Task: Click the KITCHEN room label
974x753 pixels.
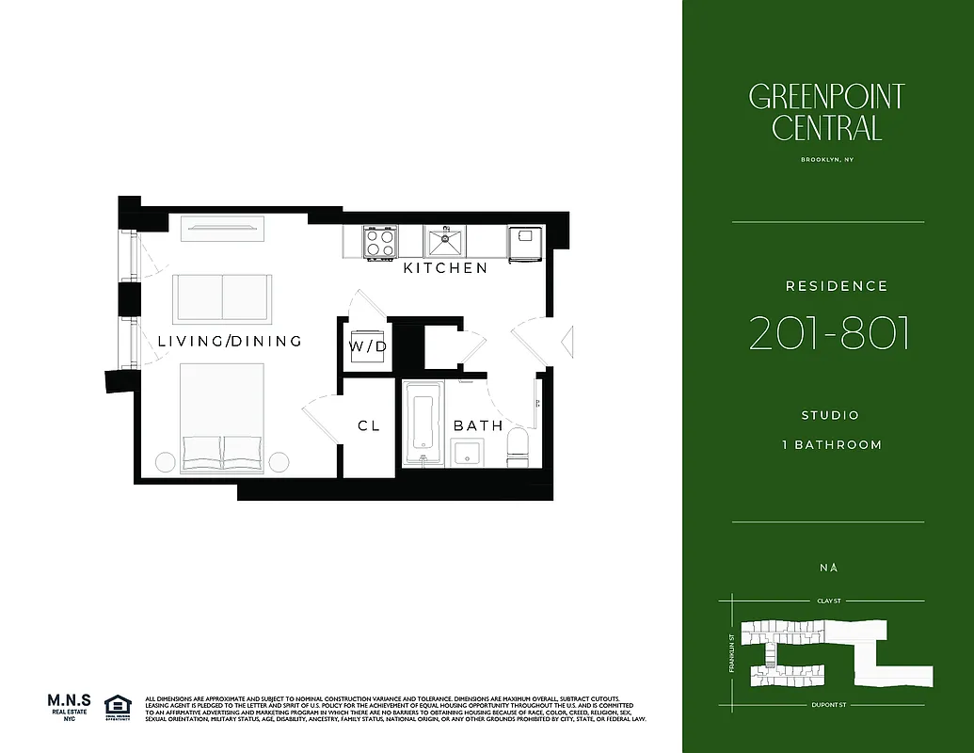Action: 445,268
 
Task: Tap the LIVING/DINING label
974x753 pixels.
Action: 230,341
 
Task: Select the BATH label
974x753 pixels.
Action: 478,425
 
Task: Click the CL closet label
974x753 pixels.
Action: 368,425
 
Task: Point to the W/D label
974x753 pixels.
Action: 368,345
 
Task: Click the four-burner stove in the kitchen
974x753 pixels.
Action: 379,243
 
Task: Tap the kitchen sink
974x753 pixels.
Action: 443,243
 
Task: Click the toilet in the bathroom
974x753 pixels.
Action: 519,447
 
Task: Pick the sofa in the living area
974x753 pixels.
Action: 222,296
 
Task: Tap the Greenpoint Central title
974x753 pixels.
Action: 826,111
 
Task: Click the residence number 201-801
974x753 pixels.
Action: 828,333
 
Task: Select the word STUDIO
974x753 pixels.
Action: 829,415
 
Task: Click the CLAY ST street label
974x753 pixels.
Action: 828,600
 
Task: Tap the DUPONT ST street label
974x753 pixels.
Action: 828,704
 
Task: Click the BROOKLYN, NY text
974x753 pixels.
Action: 827,160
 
